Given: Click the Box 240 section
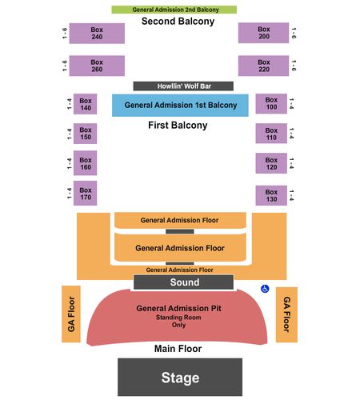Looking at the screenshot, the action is coord(97,34).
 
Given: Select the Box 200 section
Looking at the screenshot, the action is coord(263,33).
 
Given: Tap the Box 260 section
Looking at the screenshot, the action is coord(97,66).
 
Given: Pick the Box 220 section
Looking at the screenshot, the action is coord(263,66).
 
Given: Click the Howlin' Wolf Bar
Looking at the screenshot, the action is coord(183,86).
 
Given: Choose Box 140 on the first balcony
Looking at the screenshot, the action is coord(85,104).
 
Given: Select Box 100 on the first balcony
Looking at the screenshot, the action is coord(271,104).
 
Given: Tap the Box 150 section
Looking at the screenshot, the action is coord(85,134).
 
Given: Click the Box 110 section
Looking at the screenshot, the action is coord(271,134).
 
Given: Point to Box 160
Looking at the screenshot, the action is coord(85,163).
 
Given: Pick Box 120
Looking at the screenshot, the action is coord(271,163).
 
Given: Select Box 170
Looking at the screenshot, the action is coord(85,193).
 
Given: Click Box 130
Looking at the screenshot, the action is coord(271,195).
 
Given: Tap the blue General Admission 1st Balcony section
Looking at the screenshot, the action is coord(180,106).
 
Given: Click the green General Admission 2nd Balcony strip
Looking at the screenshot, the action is coord(174,10).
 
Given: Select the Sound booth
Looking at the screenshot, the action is coord(183,282).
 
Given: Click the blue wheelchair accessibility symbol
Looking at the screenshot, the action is coord(265,289).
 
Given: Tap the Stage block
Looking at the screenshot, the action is coord(180,377).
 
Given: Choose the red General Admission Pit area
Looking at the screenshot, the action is coord(177,318).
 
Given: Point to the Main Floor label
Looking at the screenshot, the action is coord(178,349).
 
